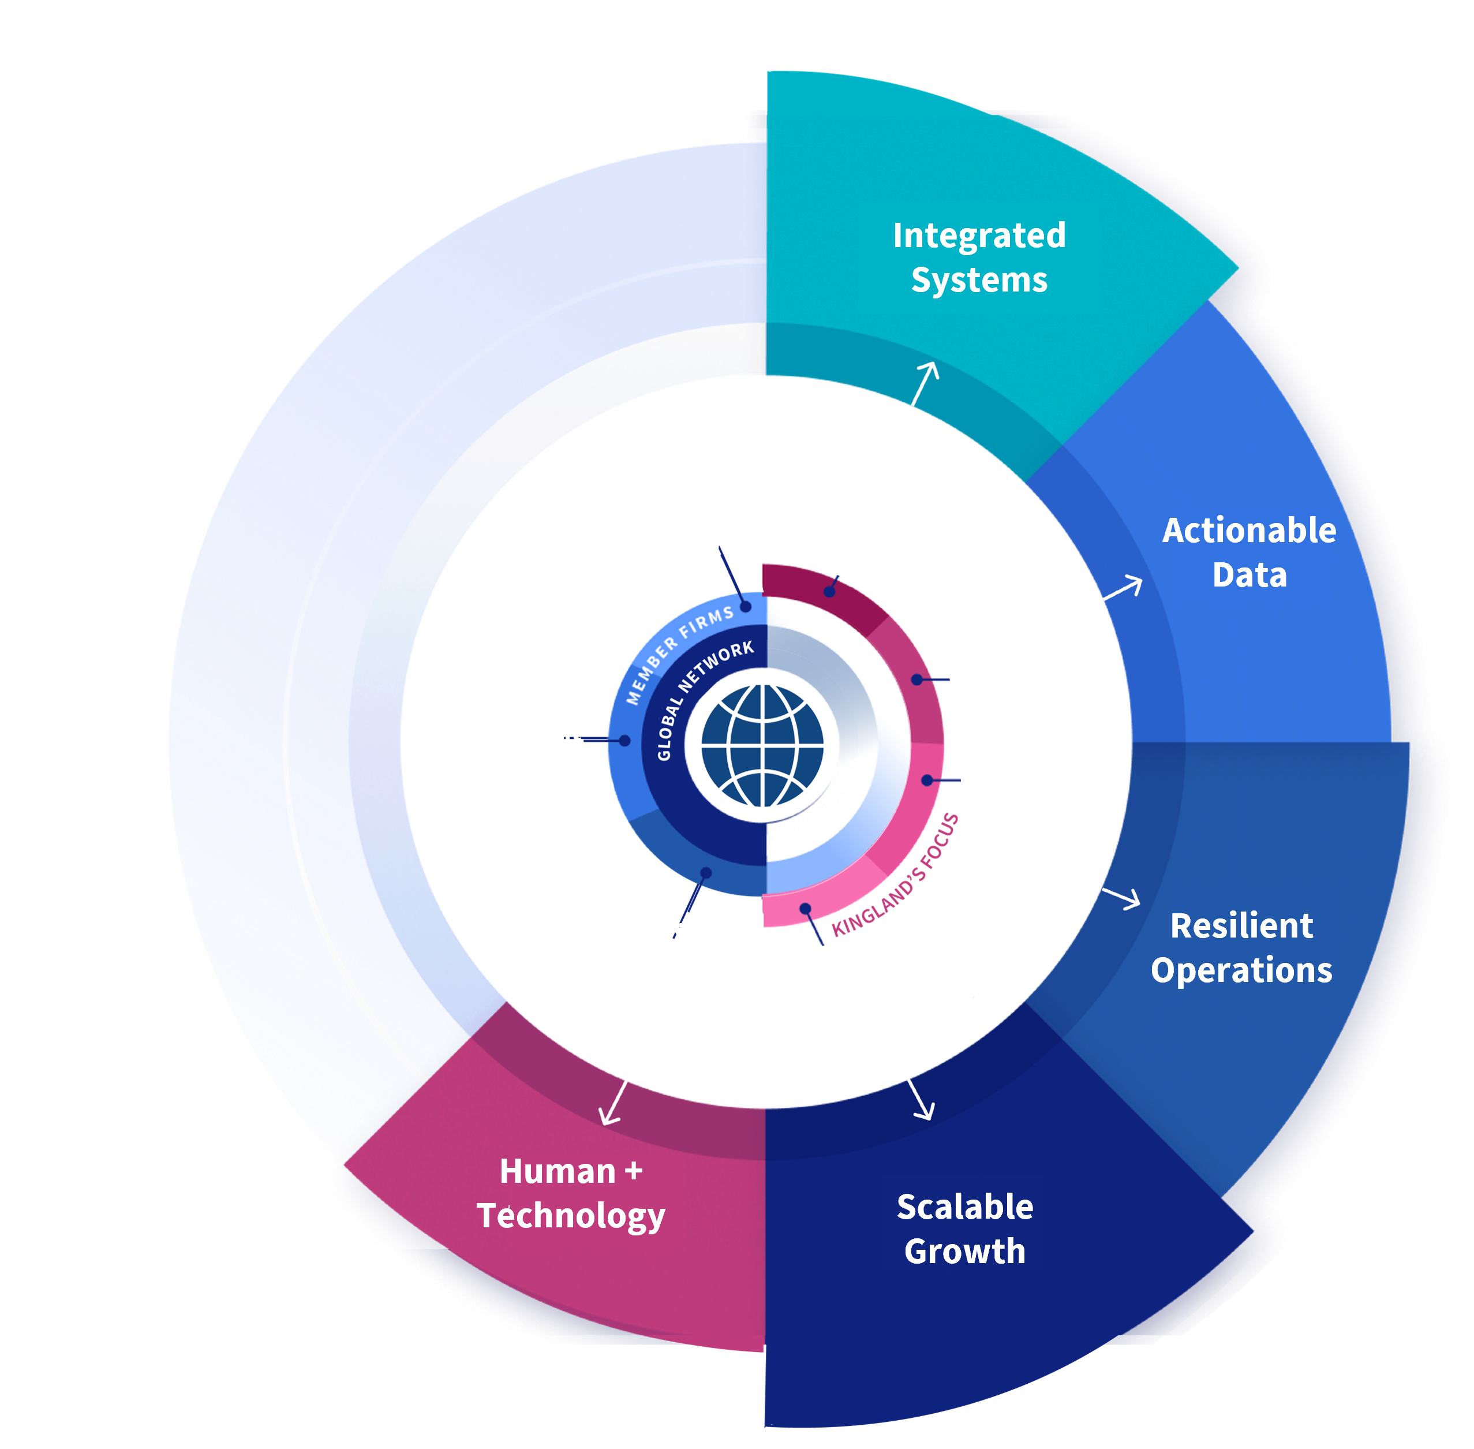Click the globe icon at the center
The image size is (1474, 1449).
click(763, 745)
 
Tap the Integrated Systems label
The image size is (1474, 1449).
click(979, 257)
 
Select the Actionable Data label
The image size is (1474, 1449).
click(1249, 552)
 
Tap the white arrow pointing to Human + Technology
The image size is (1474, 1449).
click(614, 1103)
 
